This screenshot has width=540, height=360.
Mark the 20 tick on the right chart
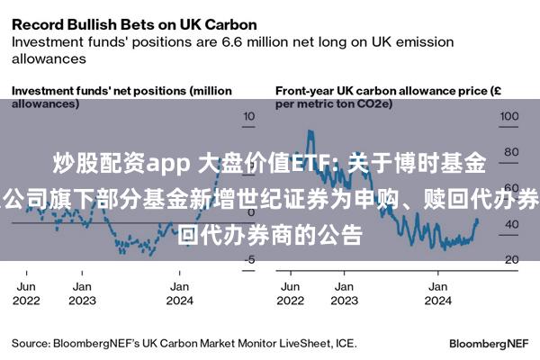click(x=510, y=260)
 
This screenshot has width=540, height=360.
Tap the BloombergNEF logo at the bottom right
click(x=488, y=344)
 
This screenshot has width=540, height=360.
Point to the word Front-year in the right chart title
click(x=307, y=91)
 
